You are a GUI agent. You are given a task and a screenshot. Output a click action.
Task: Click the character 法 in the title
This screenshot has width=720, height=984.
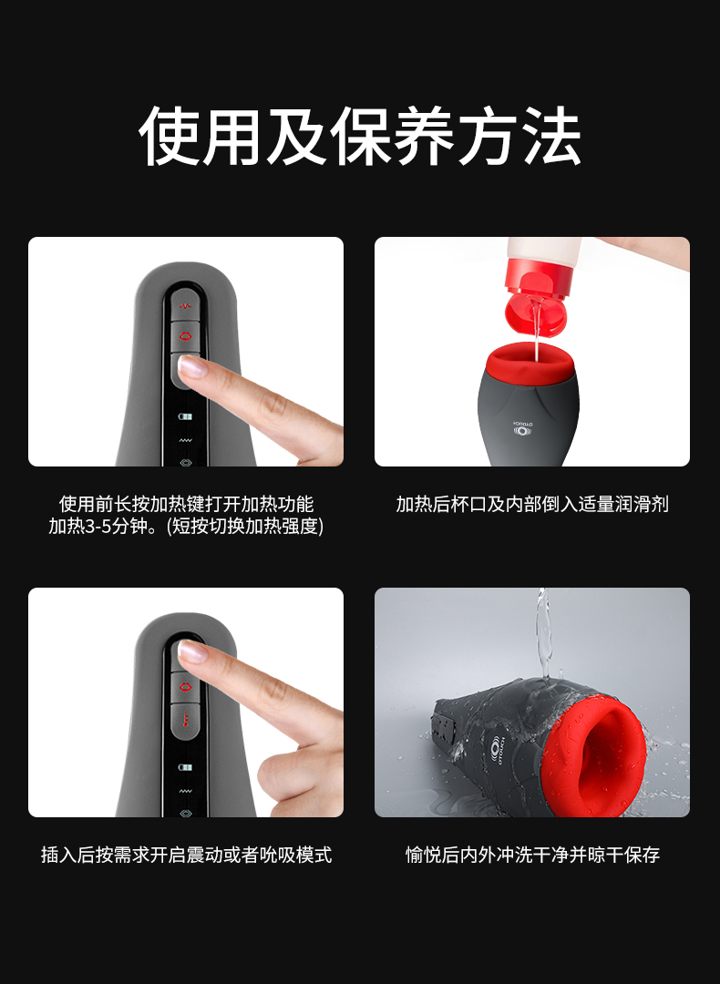pos(550,136)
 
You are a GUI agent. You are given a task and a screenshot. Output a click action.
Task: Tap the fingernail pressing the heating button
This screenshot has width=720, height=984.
pos(194,367)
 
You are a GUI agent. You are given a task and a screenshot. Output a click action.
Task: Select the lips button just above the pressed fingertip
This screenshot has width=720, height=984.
pos(184,336)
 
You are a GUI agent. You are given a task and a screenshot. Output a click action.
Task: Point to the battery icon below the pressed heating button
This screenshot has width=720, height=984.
pos(184,416)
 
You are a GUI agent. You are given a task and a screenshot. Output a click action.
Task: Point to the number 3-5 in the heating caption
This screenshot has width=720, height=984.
pos(98,527)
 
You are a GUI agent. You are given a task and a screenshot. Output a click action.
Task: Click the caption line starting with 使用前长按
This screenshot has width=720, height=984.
pos(186,504)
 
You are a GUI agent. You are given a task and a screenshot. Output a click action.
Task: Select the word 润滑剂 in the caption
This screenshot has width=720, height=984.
pos(642,504)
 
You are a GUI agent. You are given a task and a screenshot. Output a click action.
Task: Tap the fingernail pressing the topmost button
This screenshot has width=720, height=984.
pos(192,651)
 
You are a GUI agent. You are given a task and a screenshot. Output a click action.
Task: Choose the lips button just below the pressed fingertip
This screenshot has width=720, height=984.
pos(184,686)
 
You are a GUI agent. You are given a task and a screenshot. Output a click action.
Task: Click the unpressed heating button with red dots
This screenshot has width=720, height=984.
pos(184,718)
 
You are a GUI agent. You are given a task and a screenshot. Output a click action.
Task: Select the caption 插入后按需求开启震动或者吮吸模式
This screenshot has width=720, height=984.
pos(186,855)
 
